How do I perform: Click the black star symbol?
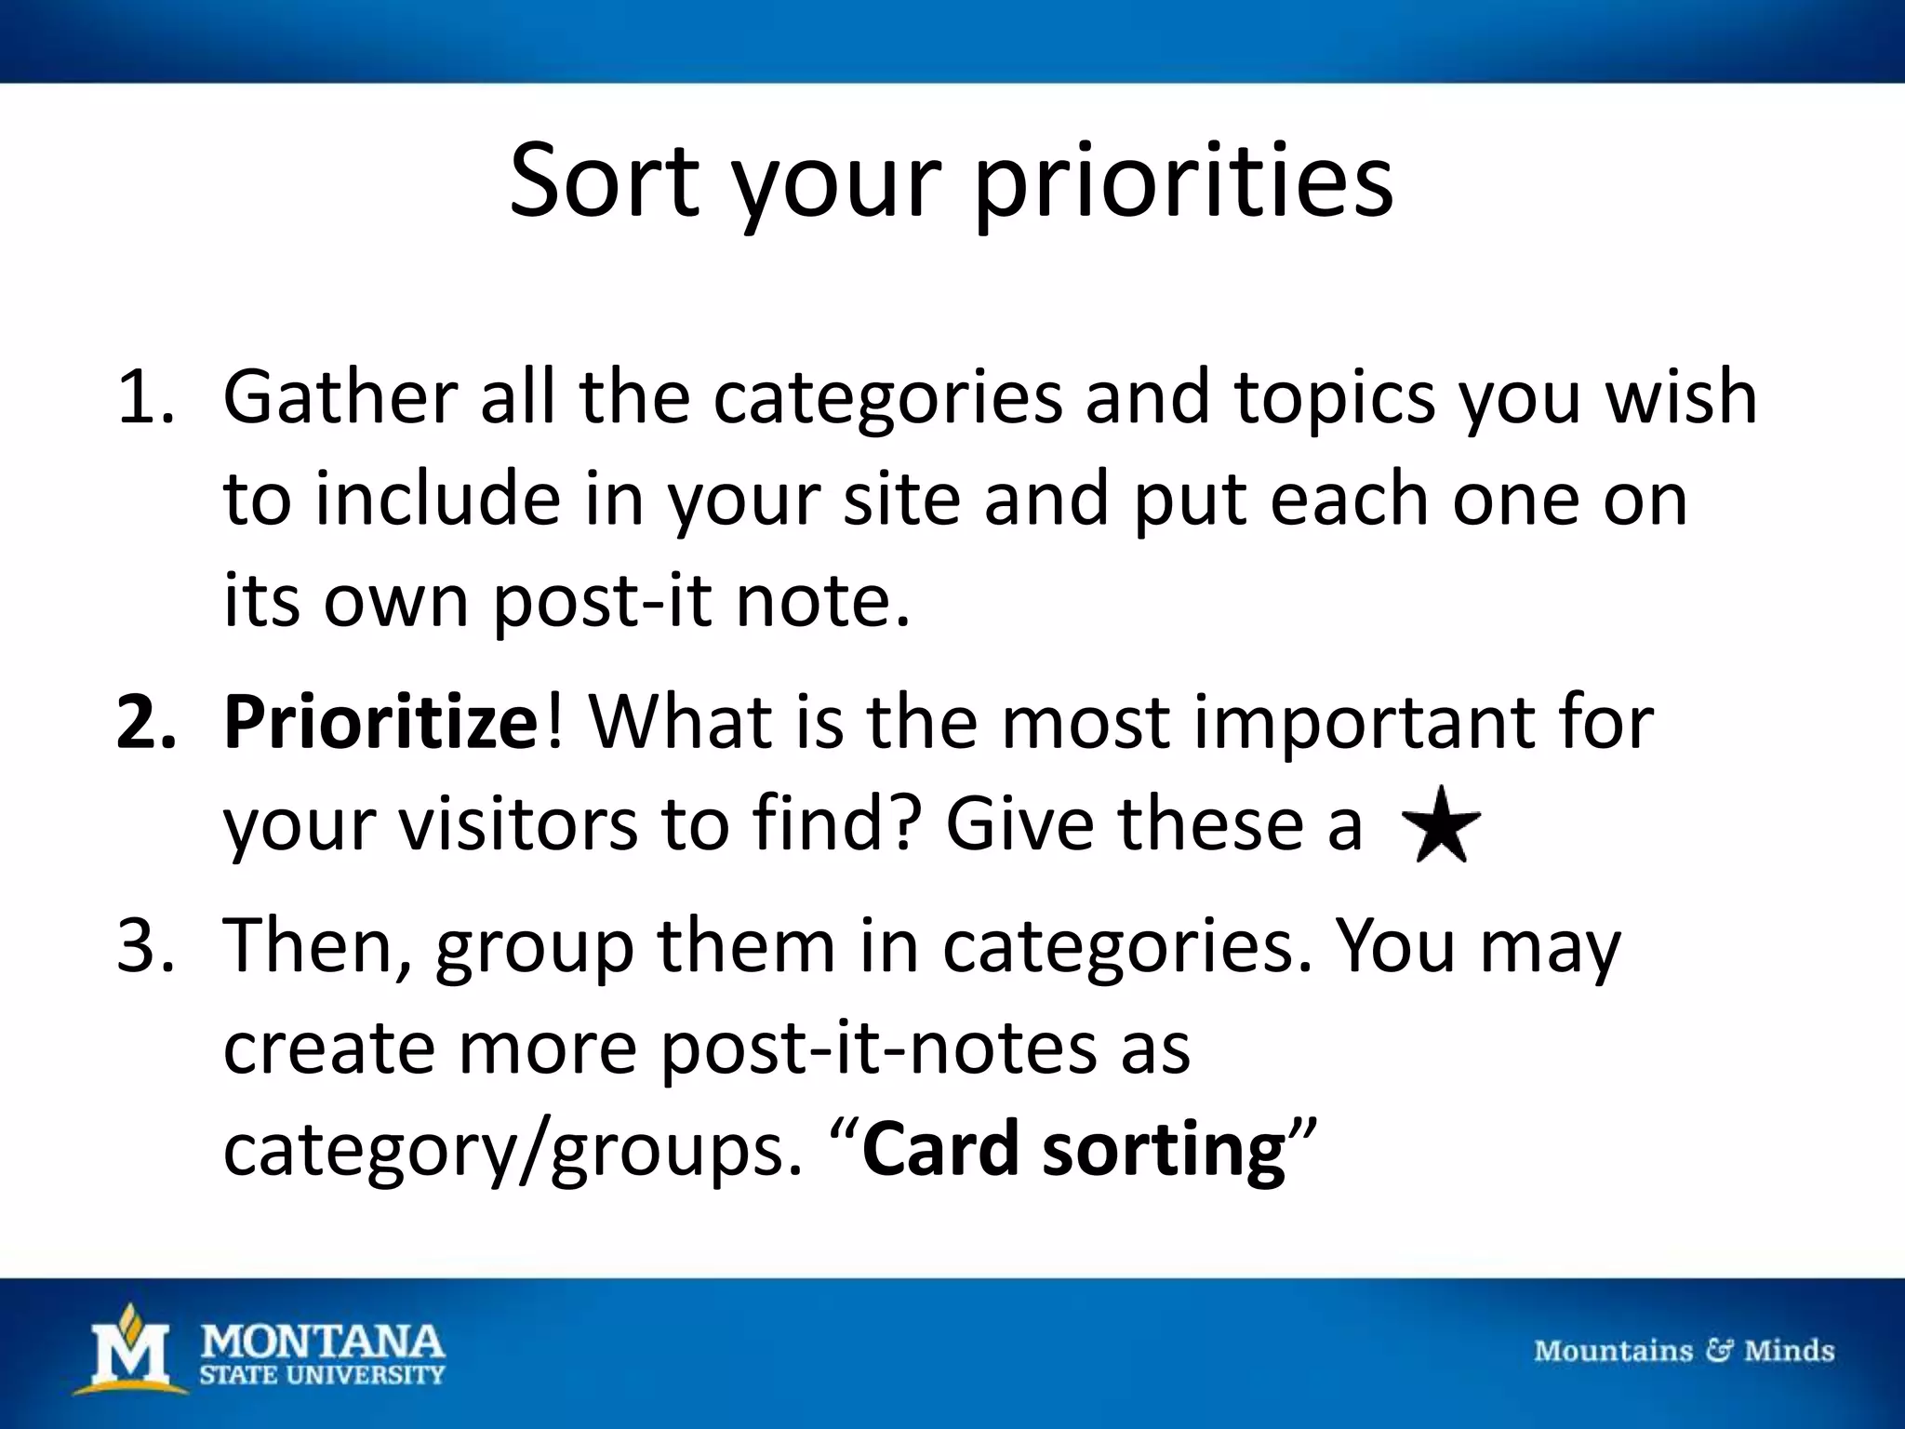[x=1441, y=825]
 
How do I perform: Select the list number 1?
[x=144, y=397]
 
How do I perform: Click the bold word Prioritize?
[x=380, y=723]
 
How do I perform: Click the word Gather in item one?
[x=340, y=397]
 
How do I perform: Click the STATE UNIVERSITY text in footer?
[x=323, y=1375]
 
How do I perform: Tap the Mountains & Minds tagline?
[x=1684, y=1351]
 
